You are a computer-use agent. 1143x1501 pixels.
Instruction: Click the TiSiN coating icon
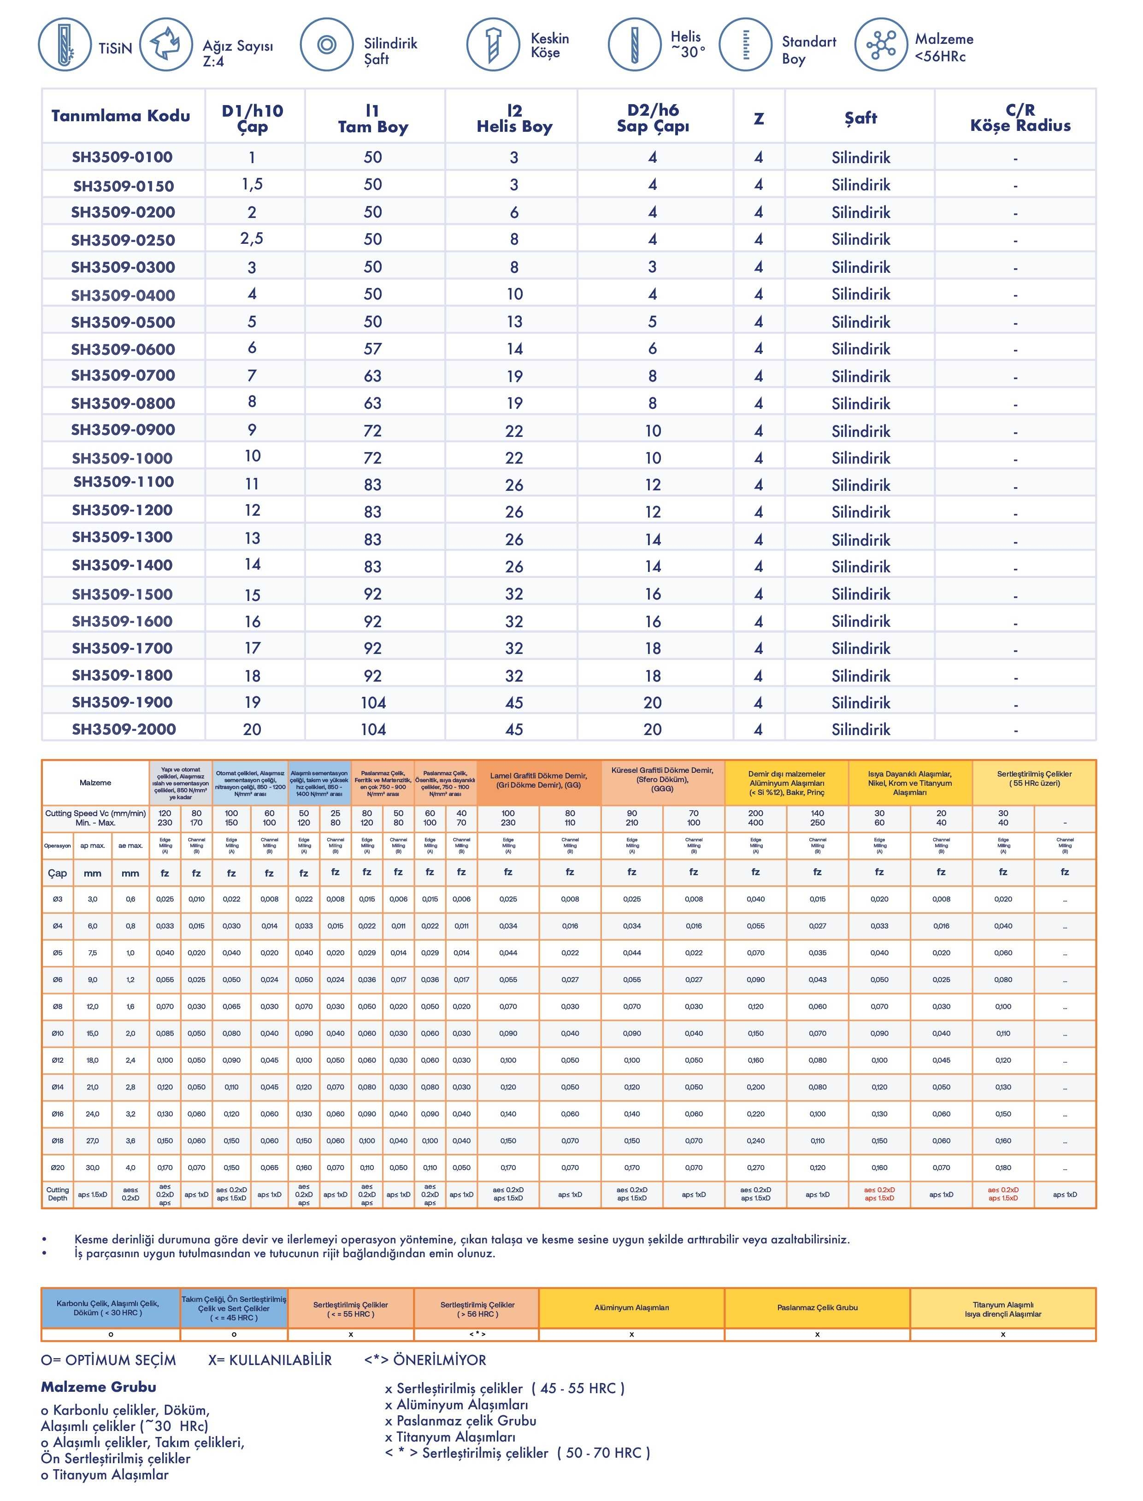(65, 45)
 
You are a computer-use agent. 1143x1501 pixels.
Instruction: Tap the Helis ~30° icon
(633, 45)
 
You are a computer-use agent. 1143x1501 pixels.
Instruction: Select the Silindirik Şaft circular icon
(327, 45)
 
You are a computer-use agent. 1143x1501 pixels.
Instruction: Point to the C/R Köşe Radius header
(1020, 118)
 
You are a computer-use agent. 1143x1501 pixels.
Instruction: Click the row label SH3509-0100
(123, 157)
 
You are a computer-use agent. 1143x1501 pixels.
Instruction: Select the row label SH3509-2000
(124, 729)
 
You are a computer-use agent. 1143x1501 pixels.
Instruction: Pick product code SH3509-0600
(123, 349)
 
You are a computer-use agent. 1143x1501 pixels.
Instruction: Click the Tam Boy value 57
(373, 349)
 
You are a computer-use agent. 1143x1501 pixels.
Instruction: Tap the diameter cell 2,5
(252, 239)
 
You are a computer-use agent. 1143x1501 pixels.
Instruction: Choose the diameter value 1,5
(252, 184)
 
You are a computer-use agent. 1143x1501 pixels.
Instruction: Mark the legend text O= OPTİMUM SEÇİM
(108, 1360)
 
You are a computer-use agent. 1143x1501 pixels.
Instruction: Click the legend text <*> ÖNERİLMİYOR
(425, 1360)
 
